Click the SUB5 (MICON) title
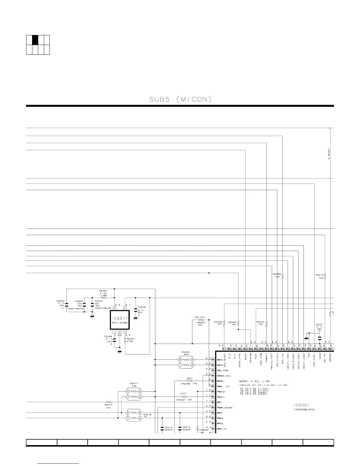coord(180,99)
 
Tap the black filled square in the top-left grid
coord(35,40)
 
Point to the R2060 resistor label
coord(103,291)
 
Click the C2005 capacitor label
coord(61,301)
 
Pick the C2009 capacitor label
coord(141,307)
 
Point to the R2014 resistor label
coord(109,405)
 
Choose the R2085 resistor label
coord(277,274)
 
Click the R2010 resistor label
coord(319,275)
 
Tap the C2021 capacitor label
coord(319,324)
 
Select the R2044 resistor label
coord(260,322)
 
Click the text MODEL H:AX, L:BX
coord(254,381)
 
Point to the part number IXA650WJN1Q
coord(304,410)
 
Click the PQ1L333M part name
coord(120,323)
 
